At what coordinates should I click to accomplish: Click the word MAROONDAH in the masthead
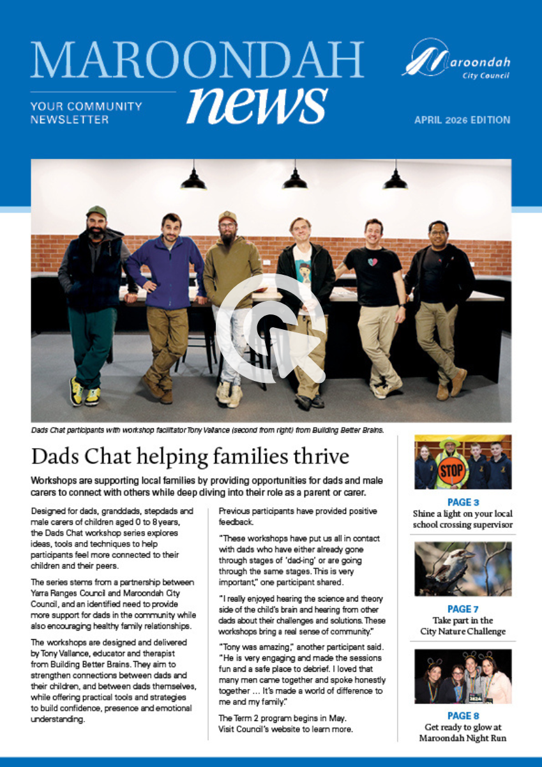(x=197, y=61)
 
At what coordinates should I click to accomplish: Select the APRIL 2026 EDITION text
(x=462, y=120)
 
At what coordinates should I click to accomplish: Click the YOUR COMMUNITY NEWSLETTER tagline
(x=86, y=112)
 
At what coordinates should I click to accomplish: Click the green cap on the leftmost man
(x=96, y=212)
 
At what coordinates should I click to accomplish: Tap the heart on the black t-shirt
(x=373, y=262)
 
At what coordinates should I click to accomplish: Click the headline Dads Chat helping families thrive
(x=190, y=457)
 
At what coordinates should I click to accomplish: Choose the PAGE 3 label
(x=463, y=502)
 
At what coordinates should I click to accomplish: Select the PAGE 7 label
(x=463, y=609)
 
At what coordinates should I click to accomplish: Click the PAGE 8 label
(x=463, y=716)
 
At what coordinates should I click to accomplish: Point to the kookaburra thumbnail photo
(x=463, y=569)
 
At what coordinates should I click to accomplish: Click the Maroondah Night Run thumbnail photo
(x=463, y=676)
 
